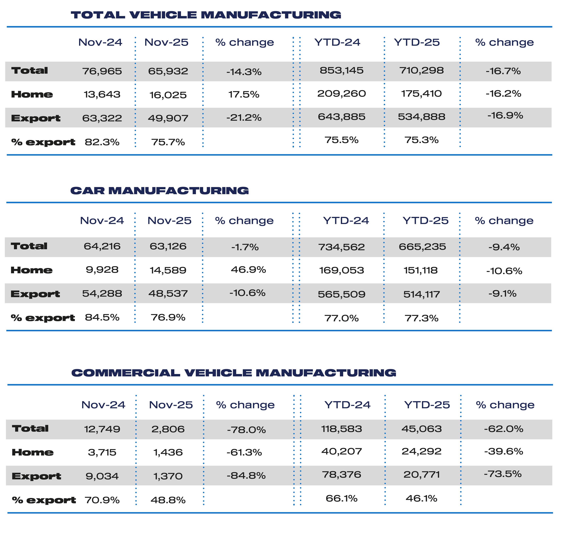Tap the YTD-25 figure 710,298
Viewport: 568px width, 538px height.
[x=421, y=70]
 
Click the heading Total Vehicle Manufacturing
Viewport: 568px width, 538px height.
[x=206, y=15]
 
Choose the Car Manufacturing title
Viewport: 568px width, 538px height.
[x=159, y=191]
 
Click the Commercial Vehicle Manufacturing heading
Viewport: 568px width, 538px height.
[x=234, y=373]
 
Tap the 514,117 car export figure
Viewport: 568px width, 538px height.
[x=421, y=294]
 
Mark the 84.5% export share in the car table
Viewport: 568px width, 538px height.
[x=102, y=317]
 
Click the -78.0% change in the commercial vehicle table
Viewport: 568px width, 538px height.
[x=246, y=430]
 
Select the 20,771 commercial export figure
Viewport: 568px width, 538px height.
[x=421, y=475]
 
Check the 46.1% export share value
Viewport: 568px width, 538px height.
[x=421, y=498]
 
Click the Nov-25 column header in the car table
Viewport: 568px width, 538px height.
[x=169, y=221]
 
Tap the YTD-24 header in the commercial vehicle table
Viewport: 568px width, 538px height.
[x=347, y=405]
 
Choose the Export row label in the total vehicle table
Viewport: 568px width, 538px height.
[x=36, y=118]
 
